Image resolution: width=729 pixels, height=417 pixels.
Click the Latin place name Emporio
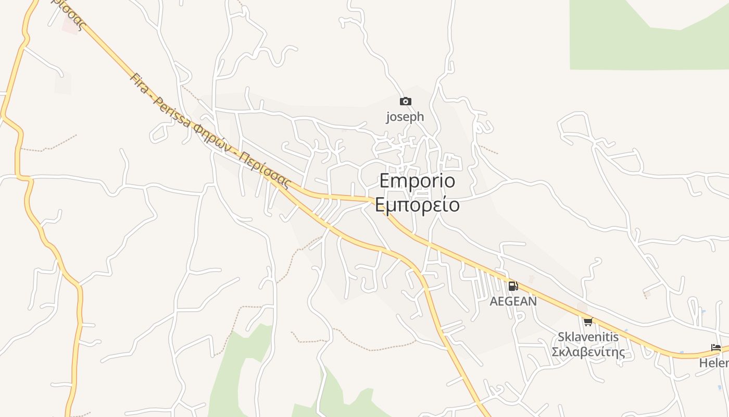click(x=417, y=181)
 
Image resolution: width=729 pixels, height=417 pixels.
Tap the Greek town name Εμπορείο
click(x=417, y=205)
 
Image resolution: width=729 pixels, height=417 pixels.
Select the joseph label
click(x=405, y=117)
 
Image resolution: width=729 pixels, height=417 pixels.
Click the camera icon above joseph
click(x=405, y=101)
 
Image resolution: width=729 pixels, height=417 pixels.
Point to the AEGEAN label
click(x=513, y=301)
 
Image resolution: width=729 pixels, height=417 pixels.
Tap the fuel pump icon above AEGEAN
click(x=513, y=286)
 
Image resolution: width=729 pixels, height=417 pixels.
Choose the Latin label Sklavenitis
click(x=588, y=337)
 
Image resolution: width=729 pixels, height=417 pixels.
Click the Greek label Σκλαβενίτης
click(x=588, y=352)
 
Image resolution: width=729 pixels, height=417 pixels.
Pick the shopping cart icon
click(x=588, y=322)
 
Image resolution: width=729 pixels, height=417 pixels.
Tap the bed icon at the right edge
click(x=716, y=348)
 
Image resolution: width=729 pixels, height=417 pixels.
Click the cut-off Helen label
click(x=714, y=363)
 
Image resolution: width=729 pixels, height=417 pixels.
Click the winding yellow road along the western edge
click(x=21, y=156)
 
